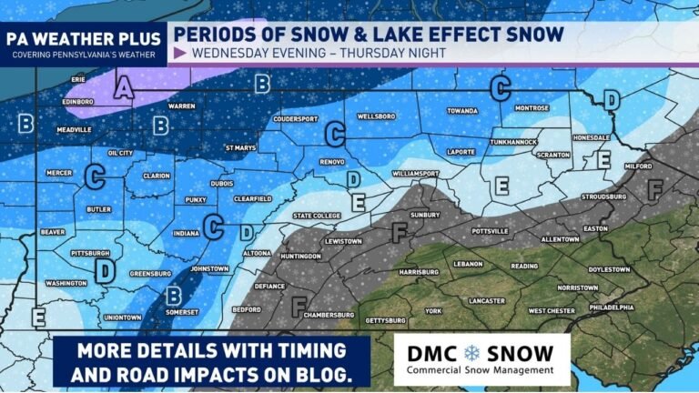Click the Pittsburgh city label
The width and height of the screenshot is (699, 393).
[92, 253]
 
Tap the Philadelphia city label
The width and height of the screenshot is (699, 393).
[611, 307]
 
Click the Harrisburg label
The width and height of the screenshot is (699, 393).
[419, 271]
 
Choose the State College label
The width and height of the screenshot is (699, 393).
[315, 216]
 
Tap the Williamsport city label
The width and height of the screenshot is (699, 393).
[416, 172]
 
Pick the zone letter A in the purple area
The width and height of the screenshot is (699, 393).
[125, 88]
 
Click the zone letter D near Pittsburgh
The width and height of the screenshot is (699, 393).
[106, 271]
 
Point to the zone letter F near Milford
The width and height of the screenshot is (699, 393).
[653, 189]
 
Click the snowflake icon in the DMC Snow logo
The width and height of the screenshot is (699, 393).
[472, 352]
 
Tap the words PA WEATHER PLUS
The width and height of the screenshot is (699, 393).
[83, 39]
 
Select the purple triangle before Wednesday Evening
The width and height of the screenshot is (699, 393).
[179, 53]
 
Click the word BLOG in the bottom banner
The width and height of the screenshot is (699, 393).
[325, 374]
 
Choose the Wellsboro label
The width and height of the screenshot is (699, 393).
[376, 117]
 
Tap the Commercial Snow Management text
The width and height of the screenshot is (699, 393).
[480, 370]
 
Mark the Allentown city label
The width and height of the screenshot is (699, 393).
[560, 239]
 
